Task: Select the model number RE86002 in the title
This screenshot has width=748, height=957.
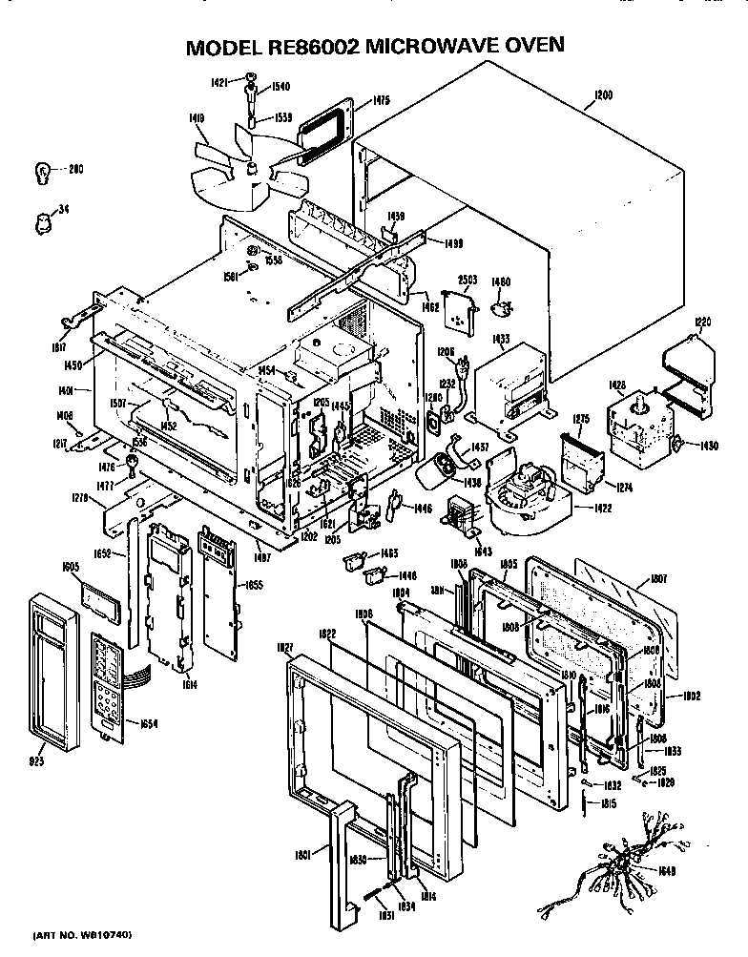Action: coord(292,45)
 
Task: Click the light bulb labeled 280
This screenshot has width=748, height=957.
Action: coord(41,172)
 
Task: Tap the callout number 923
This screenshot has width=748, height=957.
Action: coord(39,764)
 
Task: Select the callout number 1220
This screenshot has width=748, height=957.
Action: coord(701,322)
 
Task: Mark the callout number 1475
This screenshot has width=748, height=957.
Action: coord(382,99)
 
